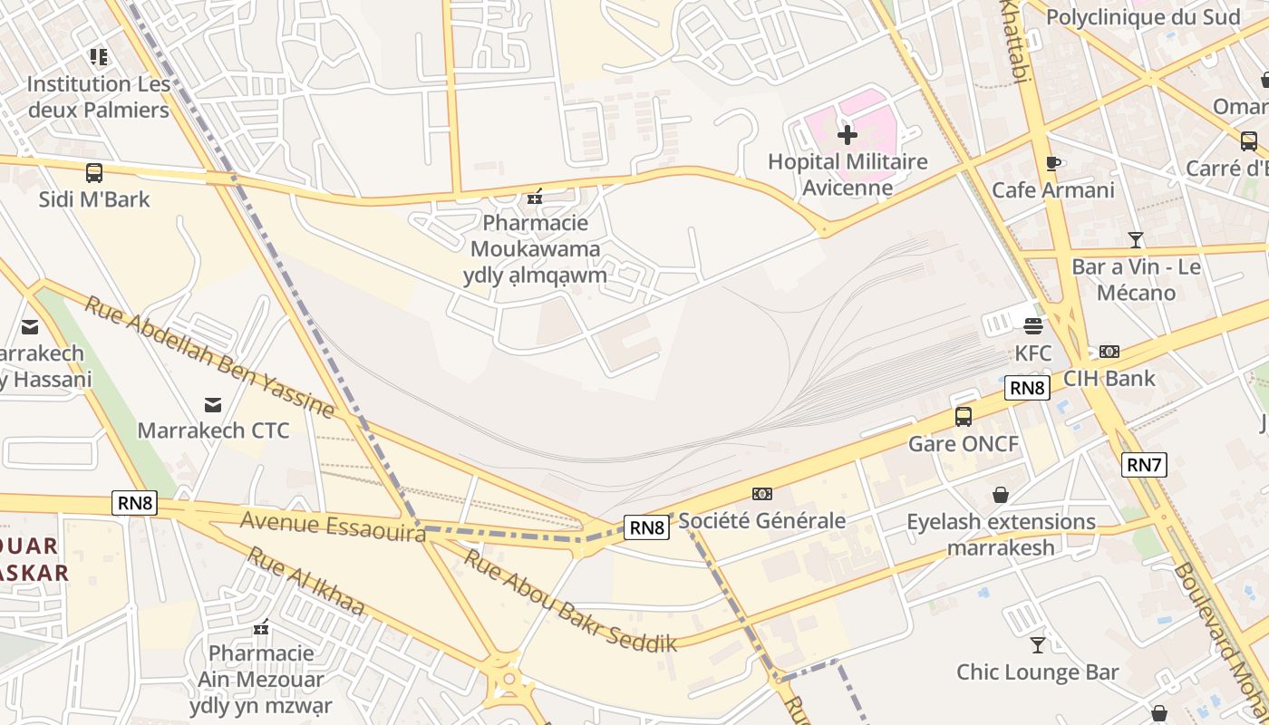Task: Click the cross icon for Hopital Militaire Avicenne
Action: [x=848, y=136]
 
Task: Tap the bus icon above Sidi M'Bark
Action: [x=94, y=172]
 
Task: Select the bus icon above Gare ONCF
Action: [x=964, y=417]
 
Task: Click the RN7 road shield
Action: [x=1143, y=465]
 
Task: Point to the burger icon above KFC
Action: [x=1033, y=326]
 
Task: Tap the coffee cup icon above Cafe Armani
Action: [x=1052, y=164]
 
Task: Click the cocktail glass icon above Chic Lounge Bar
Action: [x=1038, y=645]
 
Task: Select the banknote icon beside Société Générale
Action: [x=762, y=494]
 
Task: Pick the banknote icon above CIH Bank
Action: [x=1109, y=352]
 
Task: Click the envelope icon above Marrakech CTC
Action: [x=213, y=404]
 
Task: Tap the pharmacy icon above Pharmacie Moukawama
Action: [x=536, y=196]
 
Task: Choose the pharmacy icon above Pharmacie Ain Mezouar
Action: [x=261, y=627]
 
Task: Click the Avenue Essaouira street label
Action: [x=333, y=527]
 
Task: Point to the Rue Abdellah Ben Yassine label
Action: [x=209, y=355]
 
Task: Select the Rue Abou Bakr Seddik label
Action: [x=570, y=600]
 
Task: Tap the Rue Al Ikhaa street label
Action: [x=305, y=581]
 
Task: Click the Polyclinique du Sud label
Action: [x=1142, y=17]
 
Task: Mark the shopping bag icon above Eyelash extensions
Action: [x=1001, y=495]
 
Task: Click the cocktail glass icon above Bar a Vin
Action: [x=1136, y=240]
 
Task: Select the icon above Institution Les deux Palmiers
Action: [x=99, y=57]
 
